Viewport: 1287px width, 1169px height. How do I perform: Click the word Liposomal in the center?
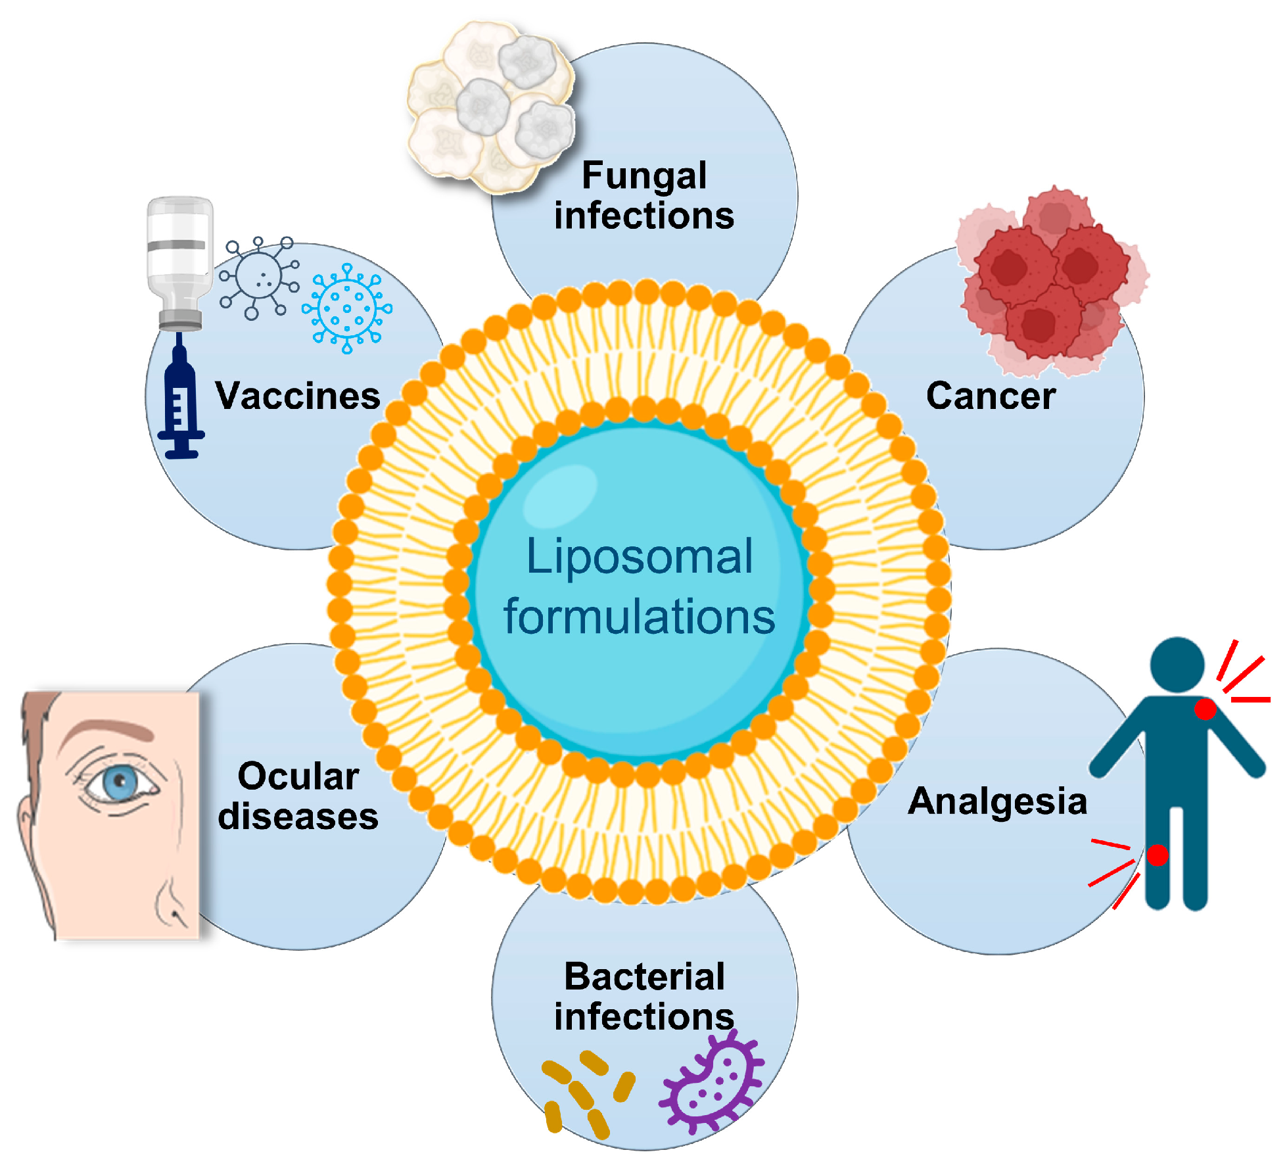tap(639, 557)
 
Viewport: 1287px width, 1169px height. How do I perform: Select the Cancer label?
tap(991, 396)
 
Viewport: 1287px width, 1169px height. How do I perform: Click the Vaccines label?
tap(298, 396)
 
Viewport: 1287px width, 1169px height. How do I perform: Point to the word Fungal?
tap(644, 176)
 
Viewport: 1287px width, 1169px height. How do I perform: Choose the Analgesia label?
tap(997, 801)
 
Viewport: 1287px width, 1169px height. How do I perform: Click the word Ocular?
tap(298, 776)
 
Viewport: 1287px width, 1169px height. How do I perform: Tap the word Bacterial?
tap(644, 976)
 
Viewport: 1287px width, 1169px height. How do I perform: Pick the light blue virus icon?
tap(347, 308)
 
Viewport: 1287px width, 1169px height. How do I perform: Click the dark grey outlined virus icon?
tap(259, 277)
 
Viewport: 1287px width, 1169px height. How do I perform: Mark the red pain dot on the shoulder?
tap(1205, 709)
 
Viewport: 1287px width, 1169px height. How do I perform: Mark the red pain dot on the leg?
tap(1158, 855)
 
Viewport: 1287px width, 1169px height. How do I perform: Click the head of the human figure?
tap(1177, 664)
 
